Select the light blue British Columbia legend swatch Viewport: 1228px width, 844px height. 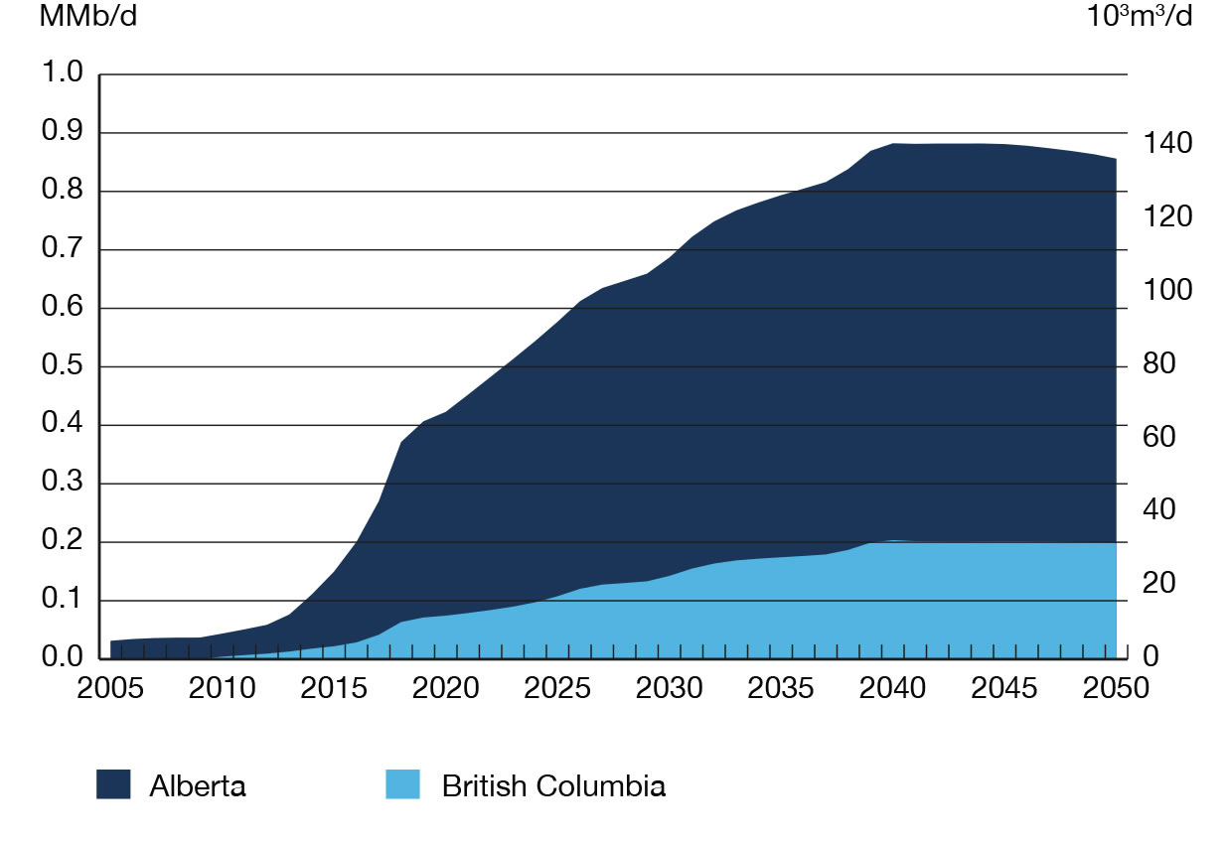pos(402,785)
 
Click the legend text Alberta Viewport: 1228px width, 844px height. pos(198,786)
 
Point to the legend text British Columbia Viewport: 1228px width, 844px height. pos(553,786)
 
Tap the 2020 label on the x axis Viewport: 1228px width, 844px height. pos(446,690)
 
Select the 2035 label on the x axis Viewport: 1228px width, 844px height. pos(781,690)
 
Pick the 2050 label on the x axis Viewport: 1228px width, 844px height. pos(1116,690)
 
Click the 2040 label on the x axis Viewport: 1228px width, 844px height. pos(892,690)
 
